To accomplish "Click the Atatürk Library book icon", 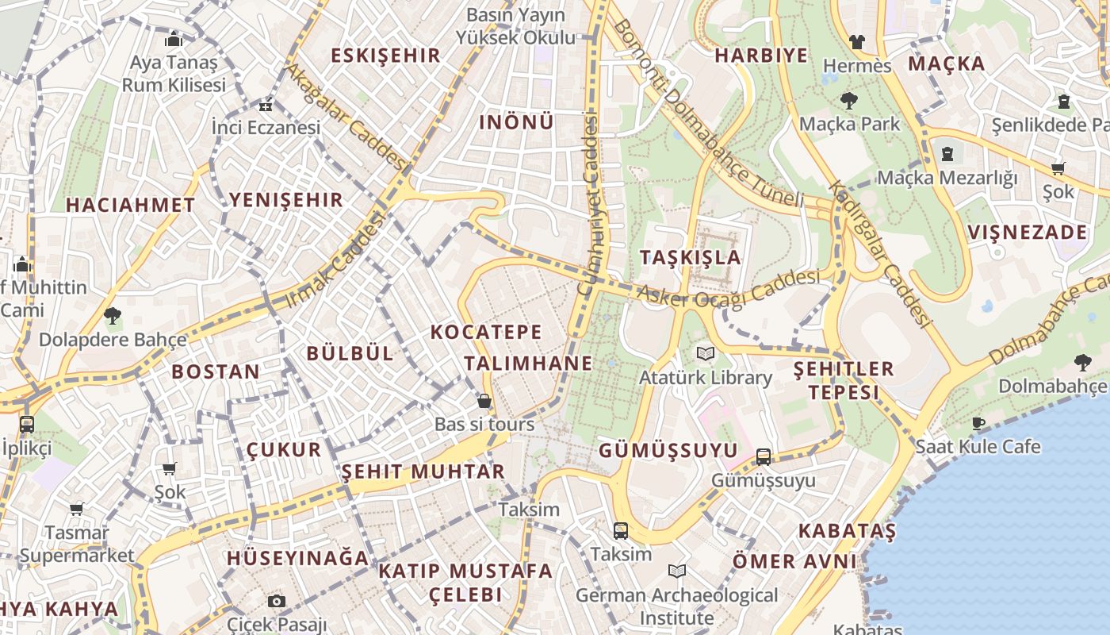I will coord(705,353).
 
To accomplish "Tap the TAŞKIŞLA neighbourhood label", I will coord(690,257).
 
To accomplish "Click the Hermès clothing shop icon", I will coord(856,42).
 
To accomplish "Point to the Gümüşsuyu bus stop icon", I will coord(763,456).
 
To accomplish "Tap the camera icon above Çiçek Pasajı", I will coord(276,601).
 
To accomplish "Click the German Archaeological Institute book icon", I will coord(676,571).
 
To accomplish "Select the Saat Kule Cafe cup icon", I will coord(978,423).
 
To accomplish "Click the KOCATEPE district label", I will coord(486,332).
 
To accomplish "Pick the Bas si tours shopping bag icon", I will coord(484,402).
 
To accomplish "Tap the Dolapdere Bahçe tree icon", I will coord(113,316).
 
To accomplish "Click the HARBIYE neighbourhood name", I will coord(761,56).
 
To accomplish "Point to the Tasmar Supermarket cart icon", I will coord(77,509).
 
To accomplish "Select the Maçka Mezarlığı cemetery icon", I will coord(947,154).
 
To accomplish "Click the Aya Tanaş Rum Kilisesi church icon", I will coord(174,39).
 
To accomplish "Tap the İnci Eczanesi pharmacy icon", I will coord(266,104).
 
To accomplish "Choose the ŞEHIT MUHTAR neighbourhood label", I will coord(423,471).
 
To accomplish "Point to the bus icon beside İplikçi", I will coord(26,424).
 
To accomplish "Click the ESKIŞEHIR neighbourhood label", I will coord(385,56).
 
